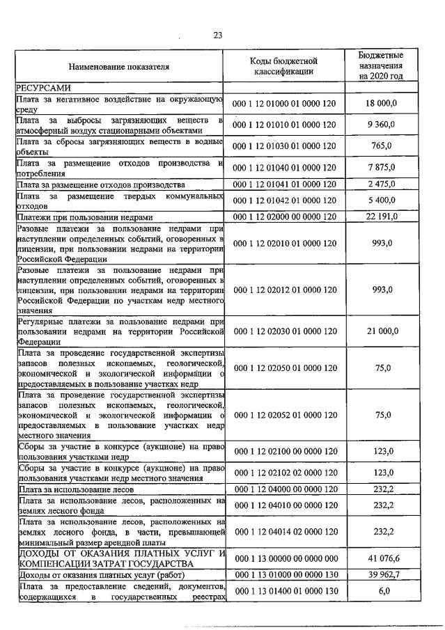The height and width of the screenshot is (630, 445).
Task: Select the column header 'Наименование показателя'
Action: click(x=118, y=67)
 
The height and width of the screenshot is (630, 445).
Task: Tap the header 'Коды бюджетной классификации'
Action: click(x=283, y=66)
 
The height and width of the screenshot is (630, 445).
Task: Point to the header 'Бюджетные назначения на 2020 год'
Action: click(x=381, y=65)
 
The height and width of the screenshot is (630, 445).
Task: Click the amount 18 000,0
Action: click(x=381, y=104)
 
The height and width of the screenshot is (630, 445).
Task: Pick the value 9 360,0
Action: click(x=381, y=125)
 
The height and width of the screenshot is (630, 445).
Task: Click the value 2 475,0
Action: click(x=381, y=184)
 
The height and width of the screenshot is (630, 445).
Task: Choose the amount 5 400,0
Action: click(x=381, y=200)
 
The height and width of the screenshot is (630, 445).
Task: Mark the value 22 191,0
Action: click(x=381, y=217)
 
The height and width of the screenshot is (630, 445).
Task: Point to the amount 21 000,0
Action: click(x=381, y=331)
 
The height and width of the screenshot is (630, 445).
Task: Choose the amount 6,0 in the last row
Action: click(x=381, y=591)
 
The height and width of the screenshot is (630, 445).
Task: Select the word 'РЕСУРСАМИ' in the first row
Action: click(x=42, y=88)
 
